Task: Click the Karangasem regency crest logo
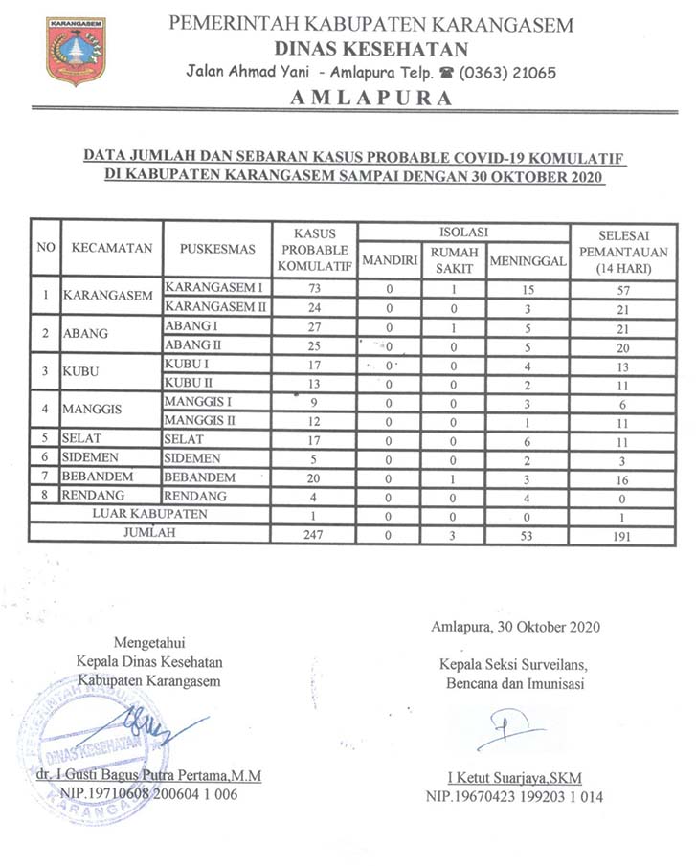(76, 51)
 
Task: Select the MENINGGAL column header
(528, 261)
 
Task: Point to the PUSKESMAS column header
(217, 249)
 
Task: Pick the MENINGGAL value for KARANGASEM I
(528, 288)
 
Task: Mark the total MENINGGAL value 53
(528, 535)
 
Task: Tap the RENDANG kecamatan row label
(97, 496)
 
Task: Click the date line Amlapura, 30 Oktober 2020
(515, 628)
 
